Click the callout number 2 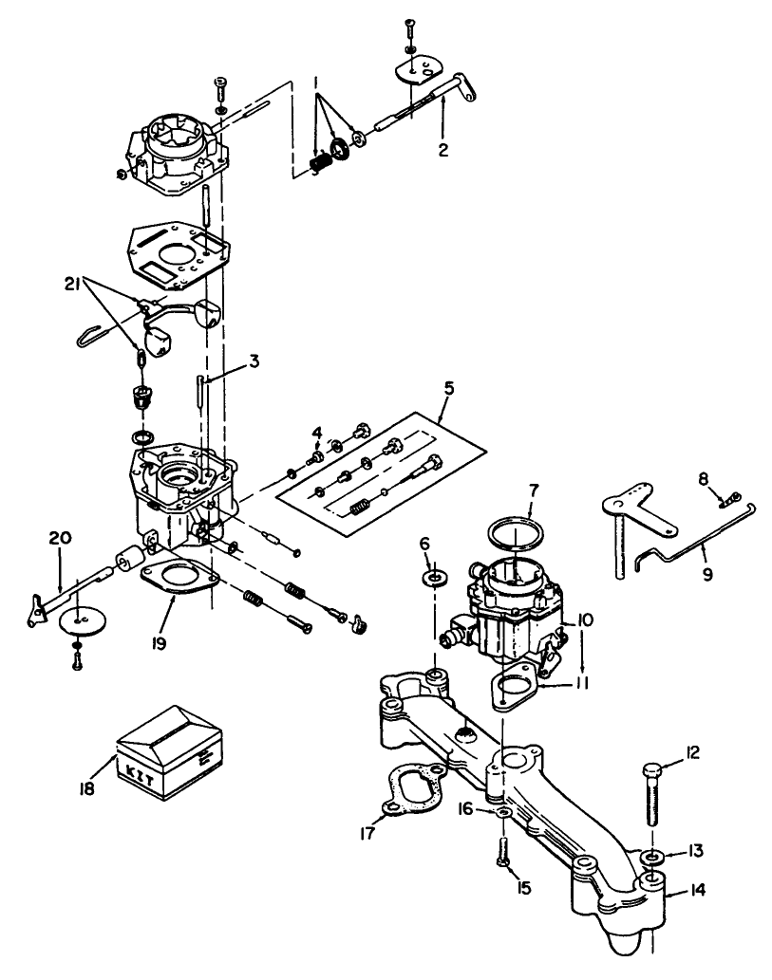click(x=442, y=149)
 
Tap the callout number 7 click(x=533, y=493)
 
